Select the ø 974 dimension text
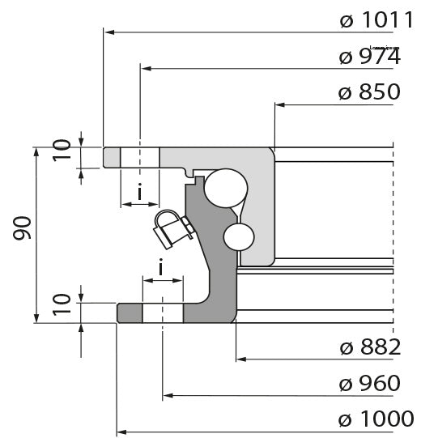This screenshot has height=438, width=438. tap(369, 57)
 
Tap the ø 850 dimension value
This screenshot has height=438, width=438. tap(369, 92)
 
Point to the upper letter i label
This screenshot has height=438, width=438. tap(140, 193)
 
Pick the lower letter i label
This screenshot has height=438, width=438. tap(162, 267)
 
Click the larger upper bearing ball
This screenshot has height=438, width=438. tap(223, 187)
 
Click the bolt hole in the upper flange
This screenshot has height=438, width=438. tap(140, 157)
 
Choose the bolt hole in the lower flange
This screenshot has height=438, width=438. tap(163, 312)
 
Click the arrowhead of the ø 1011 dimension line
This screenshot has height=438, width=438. tap(110, 32)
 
